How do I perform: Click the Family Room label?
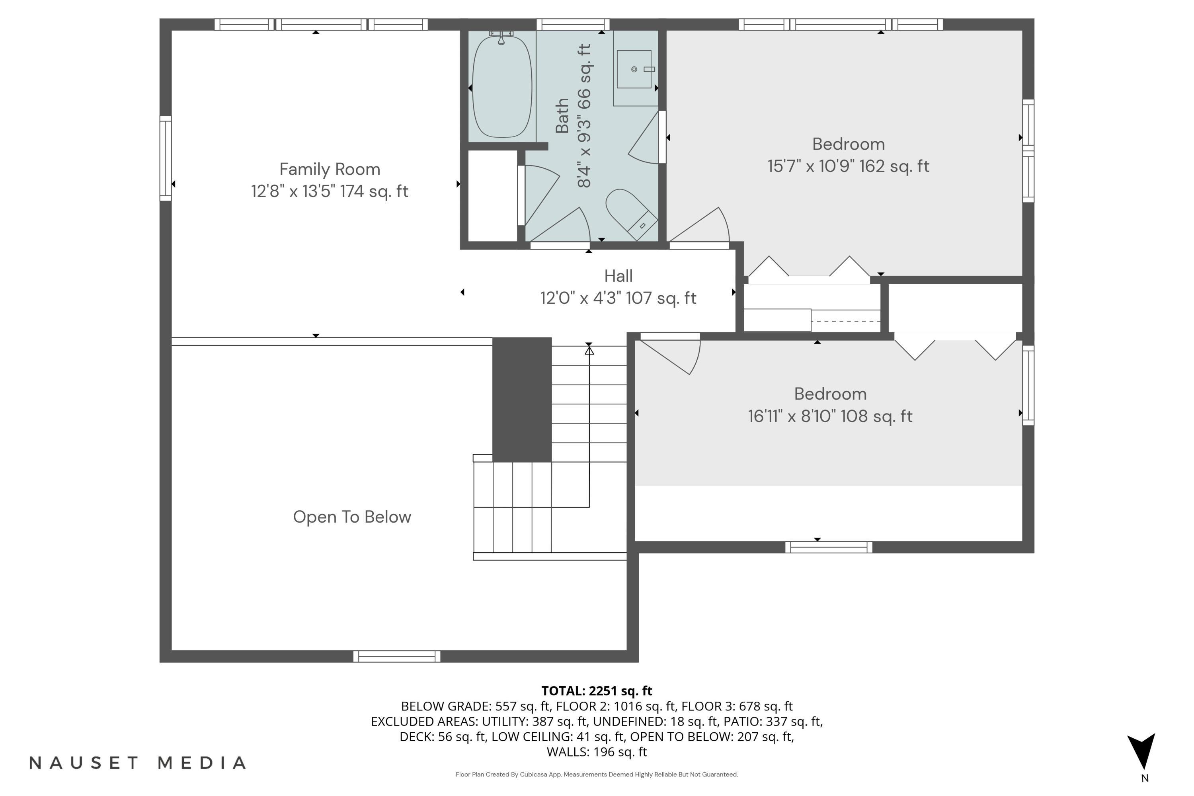click(x=330, y=169)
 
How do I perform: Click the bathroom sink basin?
click(x=634, y=70)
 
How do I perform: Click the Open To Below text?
click(x=352, y=517)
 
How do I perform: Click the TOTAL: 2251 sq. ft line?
click(x=597, y=691)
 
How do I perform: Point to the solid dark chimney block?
click(x=522, y=400)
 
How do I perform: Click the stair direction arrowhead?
click(x=589, y=350)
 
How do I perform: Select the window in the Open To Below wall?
click(x=396, y=656)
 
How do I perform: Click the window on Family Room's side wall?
click(x=166, y=158)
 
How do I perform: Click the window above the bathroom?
click(x=573, y=24)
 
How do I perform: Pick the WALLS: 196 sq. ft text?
click(x=597, y=752)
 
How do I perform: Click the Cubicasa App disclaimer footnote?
click(x=597, y=774)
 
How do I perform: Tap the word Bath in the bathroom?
click(x=562, y=116)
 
